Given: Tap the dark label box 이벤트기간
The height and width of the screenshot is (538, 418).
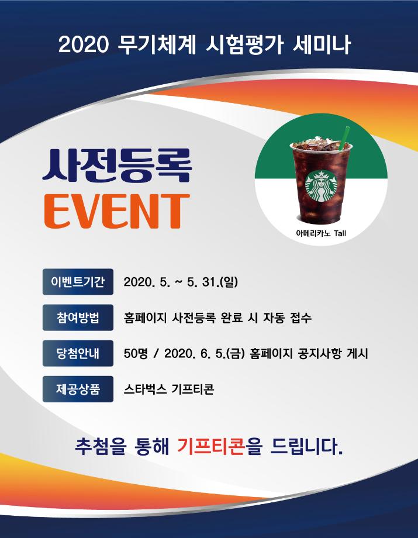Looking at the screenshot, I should coord(78,282).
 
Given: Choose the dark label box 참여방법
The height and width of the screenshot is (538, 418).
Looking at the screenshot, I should coord(78,318).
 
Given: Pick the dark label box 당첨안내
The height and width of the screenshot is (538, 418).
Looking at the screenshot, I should coord(78,353).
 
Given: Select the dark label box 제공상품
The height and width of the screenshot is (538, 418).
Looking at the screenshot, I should coord(78,389).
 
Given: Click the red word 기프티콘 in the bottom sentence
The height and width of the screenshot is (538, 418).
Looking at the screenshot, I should coord(211,449).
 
